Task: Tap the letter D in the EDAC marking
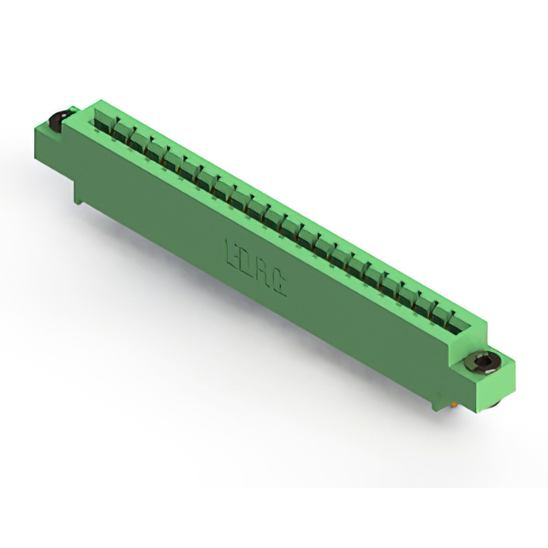click(247, 264)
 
